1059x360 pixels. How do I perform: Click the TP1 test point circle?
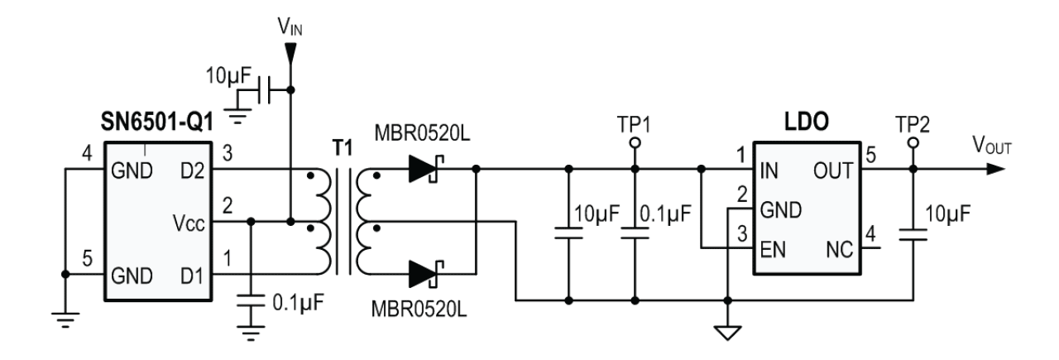coord(635,142)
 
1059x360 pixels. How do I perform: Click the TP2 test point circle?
coord(913,142)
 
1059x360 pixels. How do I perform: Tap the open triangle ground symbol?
coord(726,333)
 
